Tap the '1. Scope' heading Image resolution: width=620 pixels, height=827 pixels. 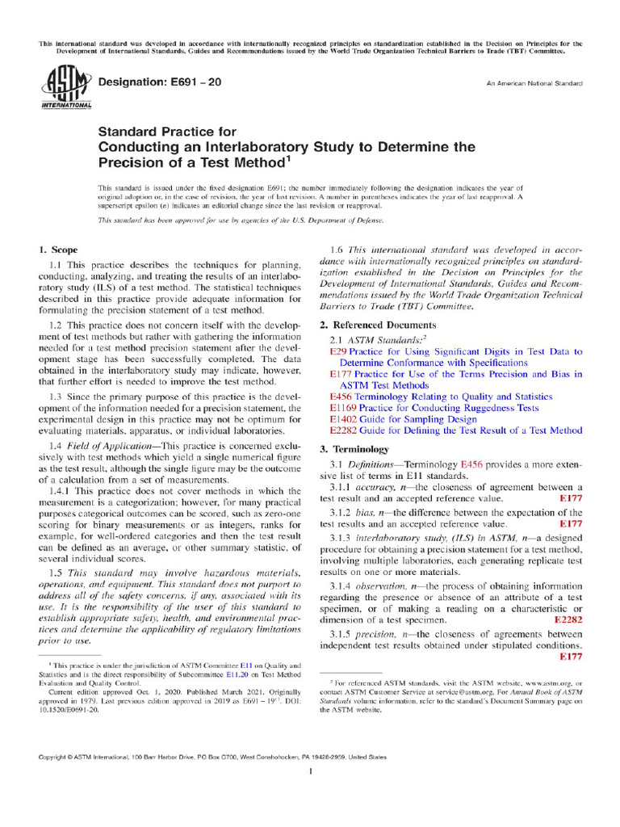click(x=59, y=250)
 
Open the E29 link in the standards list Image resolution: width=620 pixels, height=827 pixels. click(x=338, y=352)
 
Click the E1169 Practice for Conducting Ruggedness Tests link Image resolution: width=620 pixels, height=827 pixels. click(x=435, y=409)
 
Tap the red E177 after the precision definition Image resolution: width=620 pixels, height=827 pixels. click(x=571, y=657)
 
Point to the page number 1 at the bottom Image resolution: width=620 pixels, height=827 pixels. click(x=311, y=773)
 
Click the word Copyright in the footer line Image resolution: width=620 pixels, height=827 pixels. click(x=56, y=758)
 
